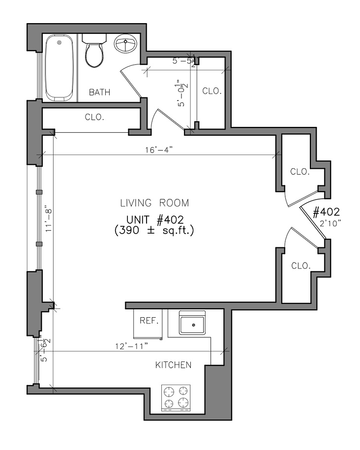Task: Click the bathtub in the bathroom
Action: (x=60, y=68)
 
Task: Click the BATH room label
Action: (x=99, y=92)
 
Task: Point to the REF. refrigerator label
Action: (x=149, y=320)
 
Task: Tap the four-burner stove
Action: (x=176, y=398)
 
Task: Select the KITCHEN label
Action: (x=173, y=365)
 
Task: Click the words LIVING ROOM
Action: (x=154, y=203)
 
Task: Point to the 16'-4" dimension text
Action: (x=159, y=150)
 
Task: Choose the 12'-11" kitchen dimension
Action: (x=131, y=346)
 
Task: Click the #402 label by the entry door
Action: (x=326, y=212)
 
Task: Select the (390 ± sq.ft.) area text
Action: (x=154, y=231)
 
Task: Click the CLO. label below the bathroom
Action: (x=94, y=117)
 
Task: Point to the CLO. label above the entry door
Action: (x=300, y=172)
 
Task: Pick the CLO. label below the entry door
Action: (x=300, y=266)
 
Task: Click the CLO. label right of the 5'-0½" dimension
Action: (x=212, y=91)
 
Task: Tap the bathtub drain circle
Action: (x=60, y=43)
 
